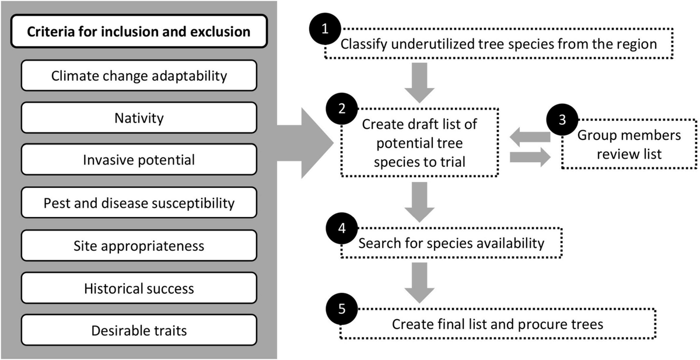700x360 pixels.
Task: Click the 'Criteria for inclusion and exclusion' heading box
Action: (139, 31)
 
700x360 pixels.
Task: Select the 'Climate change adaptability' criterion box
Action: (139, 75)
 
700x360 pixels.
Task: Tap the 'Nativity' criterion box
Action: (139, 118)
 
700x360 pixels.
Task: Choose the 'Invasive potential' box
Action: (139, 160)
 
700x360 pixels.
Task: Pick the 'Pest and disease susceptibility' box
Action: (139, 203)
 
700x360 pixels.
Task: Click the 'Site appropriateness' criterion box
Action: (139, 246)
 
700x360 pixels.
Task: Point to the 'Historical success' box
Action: (139, 288)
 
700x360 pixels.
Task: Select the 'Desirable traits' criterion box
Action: (139, 330)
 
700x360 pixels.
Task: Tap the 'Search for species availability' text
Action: (451, 243)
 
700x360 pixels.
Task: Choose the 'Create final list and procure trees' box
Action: (498, 324)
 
